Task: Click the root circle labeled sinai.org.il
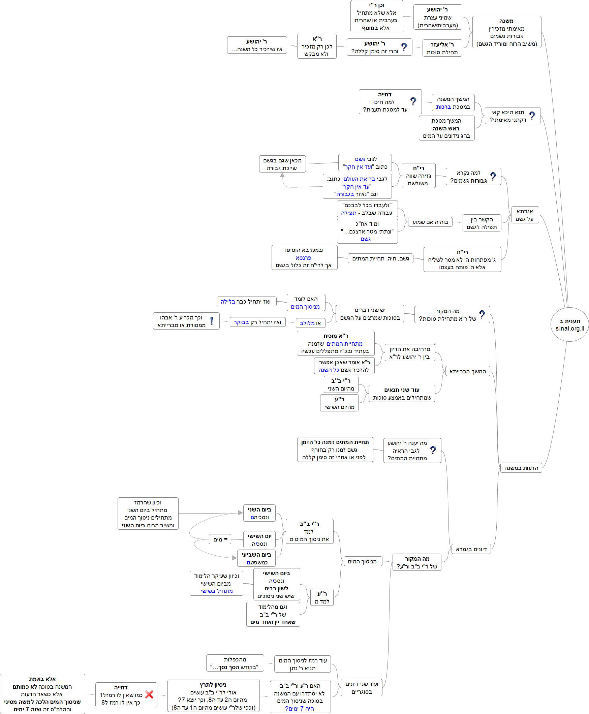(569, 324)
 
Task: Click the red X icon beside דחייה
(149, 694)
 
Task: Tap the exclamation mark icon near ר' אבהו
(212, 321)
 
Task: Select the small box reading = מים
(220, 539)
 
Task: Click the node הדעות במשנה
(521, 468)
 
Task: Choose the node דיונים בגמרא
(471, 549)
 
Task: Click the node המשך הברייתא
(467, 371)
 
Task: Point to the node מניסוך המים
(362, 561)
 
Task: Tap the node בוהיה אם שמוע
(430, 222)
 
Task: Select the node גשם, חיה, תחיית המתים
(380, 258)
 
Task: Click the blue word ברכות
(443, 107)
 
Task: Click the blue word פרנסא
(303, 258)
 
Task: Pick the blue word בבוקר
(241, 322)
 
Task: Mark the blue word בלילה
(228, 302)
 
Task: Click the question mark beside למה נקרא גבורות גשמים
(493, 176)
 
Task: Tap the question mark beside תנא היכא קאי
(532, 116)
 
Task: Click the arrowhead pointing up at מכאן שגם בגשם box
(282, 175)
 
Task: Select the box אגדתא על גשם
(525, 215)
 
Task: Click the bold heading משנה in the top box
(506, 21)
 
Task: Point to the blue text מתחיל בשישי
(216, 591)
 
